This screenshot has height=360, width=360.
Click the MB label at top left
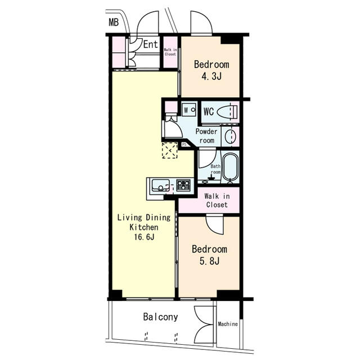114,22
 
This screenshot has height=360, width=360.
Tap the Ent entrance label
150,44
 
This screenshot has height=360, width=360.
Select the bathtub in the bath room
231,166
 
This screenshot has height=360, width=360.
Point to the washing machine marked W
189,110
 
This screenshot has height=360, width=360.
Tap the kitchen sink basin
161,185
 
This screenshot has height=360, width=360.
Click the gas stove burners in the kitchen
183,185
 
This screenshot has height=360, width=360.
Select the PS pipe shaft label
184,145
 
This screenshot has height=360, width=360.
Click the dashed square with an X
170,150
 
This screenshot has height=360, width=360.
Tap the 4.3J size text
211,76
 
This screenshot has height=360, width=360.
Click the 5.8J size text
209,261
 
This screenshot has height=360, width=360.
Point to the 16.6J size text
144,237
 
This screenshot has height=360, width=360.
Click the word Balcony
160,317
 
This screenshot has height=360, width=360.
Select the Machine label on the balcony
228,324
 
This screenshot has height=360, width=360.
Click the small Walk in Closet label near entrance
170,52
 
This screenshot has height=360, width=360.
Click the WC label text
209,112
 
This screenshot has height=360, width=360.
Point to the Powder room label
206,136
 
